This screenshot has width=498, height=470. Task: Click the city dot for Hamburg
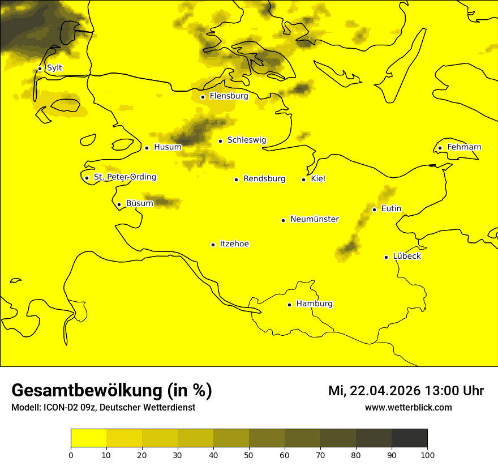pyautogui.click(x=289, y=305)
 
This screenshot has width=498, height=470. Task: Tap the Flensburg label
pyautogui.click(x=229, y=96)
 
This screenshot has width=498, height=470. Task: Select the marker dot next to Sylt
pyautogui.click(x=40, y=69)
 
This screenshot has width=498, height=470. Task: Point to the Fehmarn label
pyautogui.click(x=464, y=147)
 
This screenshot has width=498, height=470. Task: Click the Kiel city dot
pyautogui.click(x=303, y=180)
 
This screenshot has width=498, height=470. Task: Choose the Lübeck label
pyautogui.click(x=407, y=257)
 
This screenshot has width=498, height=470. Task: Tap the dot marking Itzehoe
pyautogui.click(x=213, y=245)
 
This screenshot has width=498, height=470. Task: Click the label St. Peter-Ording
pyautogui.click(x=124, y=177)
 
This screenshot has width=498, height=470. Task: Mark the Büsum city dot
pyautogui.click(x=119, y=204)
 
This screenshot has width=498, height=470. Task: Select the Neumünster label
pyautogui.click(x=315, y=219)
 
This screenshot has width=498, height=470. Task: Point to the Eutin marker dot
pyautogui.click(x=374, y=210)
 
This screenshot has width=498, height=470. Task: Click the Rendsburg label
pyautogui.click(x=264, y=179)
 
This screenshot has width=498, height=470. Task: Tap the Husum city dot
pyautogui.click(x=147, y=148)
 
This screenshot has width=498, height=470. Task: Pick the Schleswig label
pyautogui.click(x=246, y=140)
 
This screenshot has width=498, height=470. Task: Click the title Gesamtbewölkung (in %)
pyautogui.click(x=111, y=391)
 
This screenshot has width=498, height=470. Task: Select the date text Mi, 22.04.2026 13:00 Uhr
pyautogui.click(x=406, y=391)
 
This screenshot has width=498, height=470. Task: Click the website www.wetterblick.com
pyautogui.click(x=408, y=408)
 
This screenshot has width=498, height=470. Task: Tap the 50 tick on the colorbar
pyautogui.click(x=249, y=455)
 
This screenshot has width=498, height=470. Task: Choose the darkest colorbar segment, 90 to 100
pyautogui.click(x=409, y=438)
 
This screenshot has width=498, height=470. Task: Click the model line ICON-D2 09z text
pyautogui.click(x=103, y=408)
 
